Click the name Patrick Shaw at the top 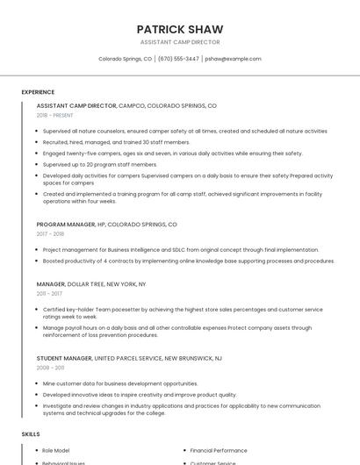tap(179, 29)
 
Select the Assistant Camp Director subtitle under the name tap(179, 42)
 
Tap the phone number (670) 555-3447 tap(178, 59)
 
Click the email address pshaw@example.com tap(233, 59)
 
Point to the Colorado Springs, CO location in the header tap(125, 59)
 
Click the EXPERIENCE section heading tap(38, 91)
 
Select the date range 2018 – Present tap(55, 115)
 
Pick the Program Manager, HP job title tap(106, 225)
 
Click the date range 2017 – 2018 tap(51, 234)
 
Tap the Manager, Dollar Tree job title tap(91, 284)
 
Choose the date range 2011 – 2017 tap(49, 294)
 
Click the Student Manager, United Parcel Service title tap(129, 359)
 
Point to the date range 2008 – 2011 tap(50, 368)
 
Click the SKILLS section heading tap(31, 434)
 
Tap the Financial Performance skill tap(219, 450)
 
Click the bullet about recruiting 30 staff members tap(116, 141)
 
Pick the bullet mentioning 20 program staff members tap(100, 164)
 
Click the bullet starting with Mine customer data tap(120, 383)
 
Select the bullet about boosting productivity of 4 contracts tap(188, 261)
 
